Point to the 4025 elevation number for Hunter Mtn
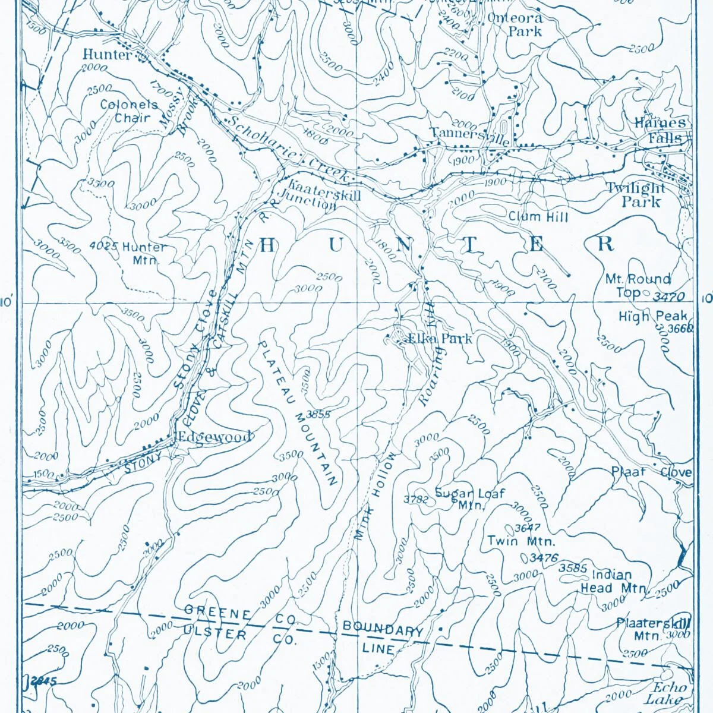coord(104,246)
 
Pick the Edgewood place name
coord(216,437)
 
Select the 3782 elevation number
coord(415,500)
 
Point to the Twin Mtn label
coord(521,541)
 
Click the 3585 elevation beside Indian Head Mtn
coord(573,568)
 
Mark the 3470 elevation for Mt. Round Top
coord(669,296)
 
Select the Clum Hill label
coord(538,217)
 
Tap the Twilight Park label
coord(635,195)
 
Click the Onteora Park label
coord(516,24)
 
